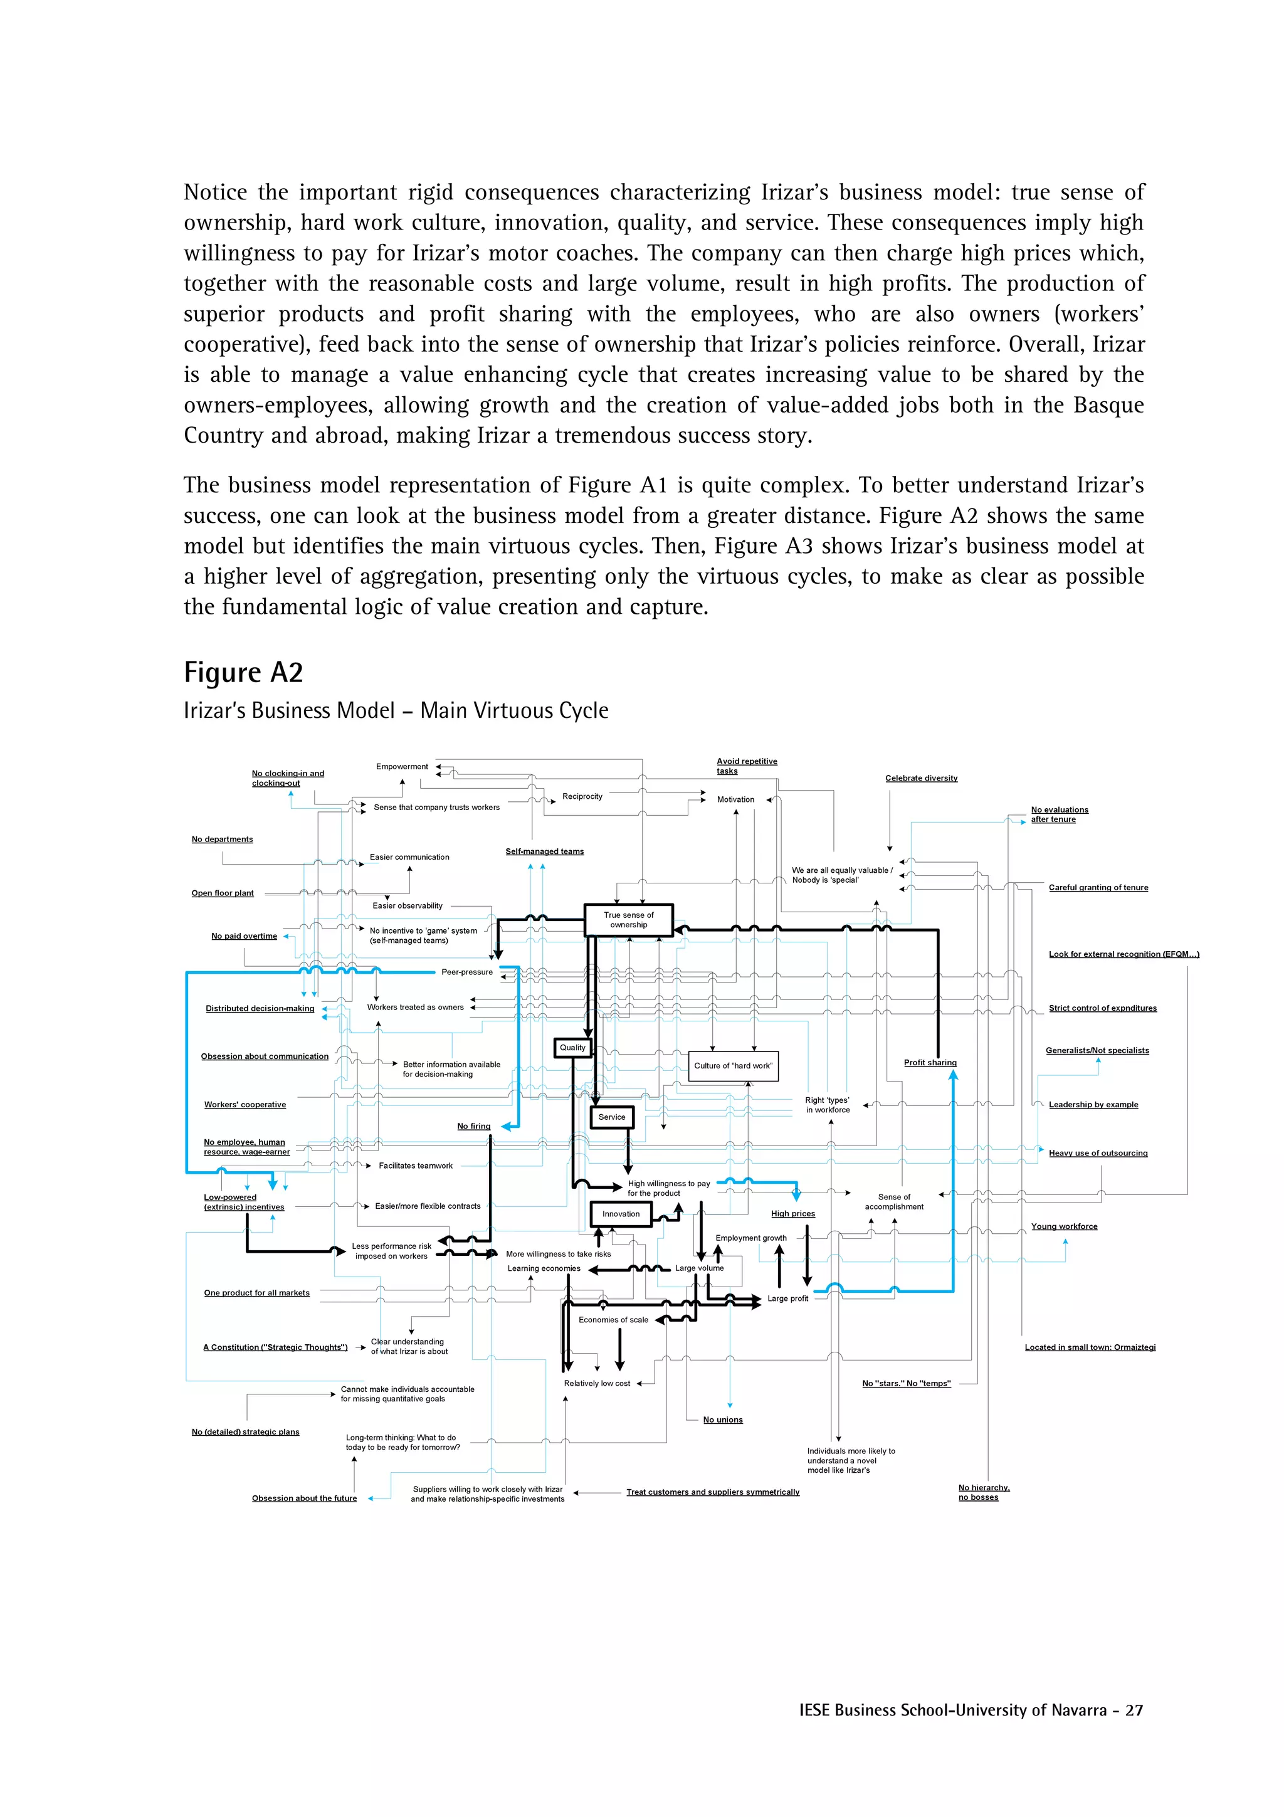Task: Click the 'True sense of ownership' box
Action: click(628, 920)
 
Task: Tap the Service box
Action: click(611, 1117)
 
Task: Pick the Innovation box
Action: click(621, 1213)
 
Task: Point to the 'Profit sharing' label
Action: click(930, 1062)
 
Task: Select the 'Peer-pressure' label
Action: click(466, 972)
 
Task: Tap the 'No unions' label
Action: click(722, 1419)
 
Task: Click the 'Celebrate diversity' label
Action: click(921, 778)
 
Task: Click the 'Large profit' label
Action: click(787, 1298)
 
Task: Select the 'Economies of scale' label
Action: click(613, 1319)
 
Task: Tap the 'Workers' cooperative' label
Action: click(245, 1104)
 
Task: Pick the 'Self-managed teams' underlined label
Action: click(544, 851)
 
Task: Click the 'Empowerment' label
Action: click(402, 766)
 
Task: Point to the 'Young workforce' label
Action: click(1063, 1226)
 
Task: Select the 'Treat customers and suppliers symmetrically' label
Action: click(712, 1492)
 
